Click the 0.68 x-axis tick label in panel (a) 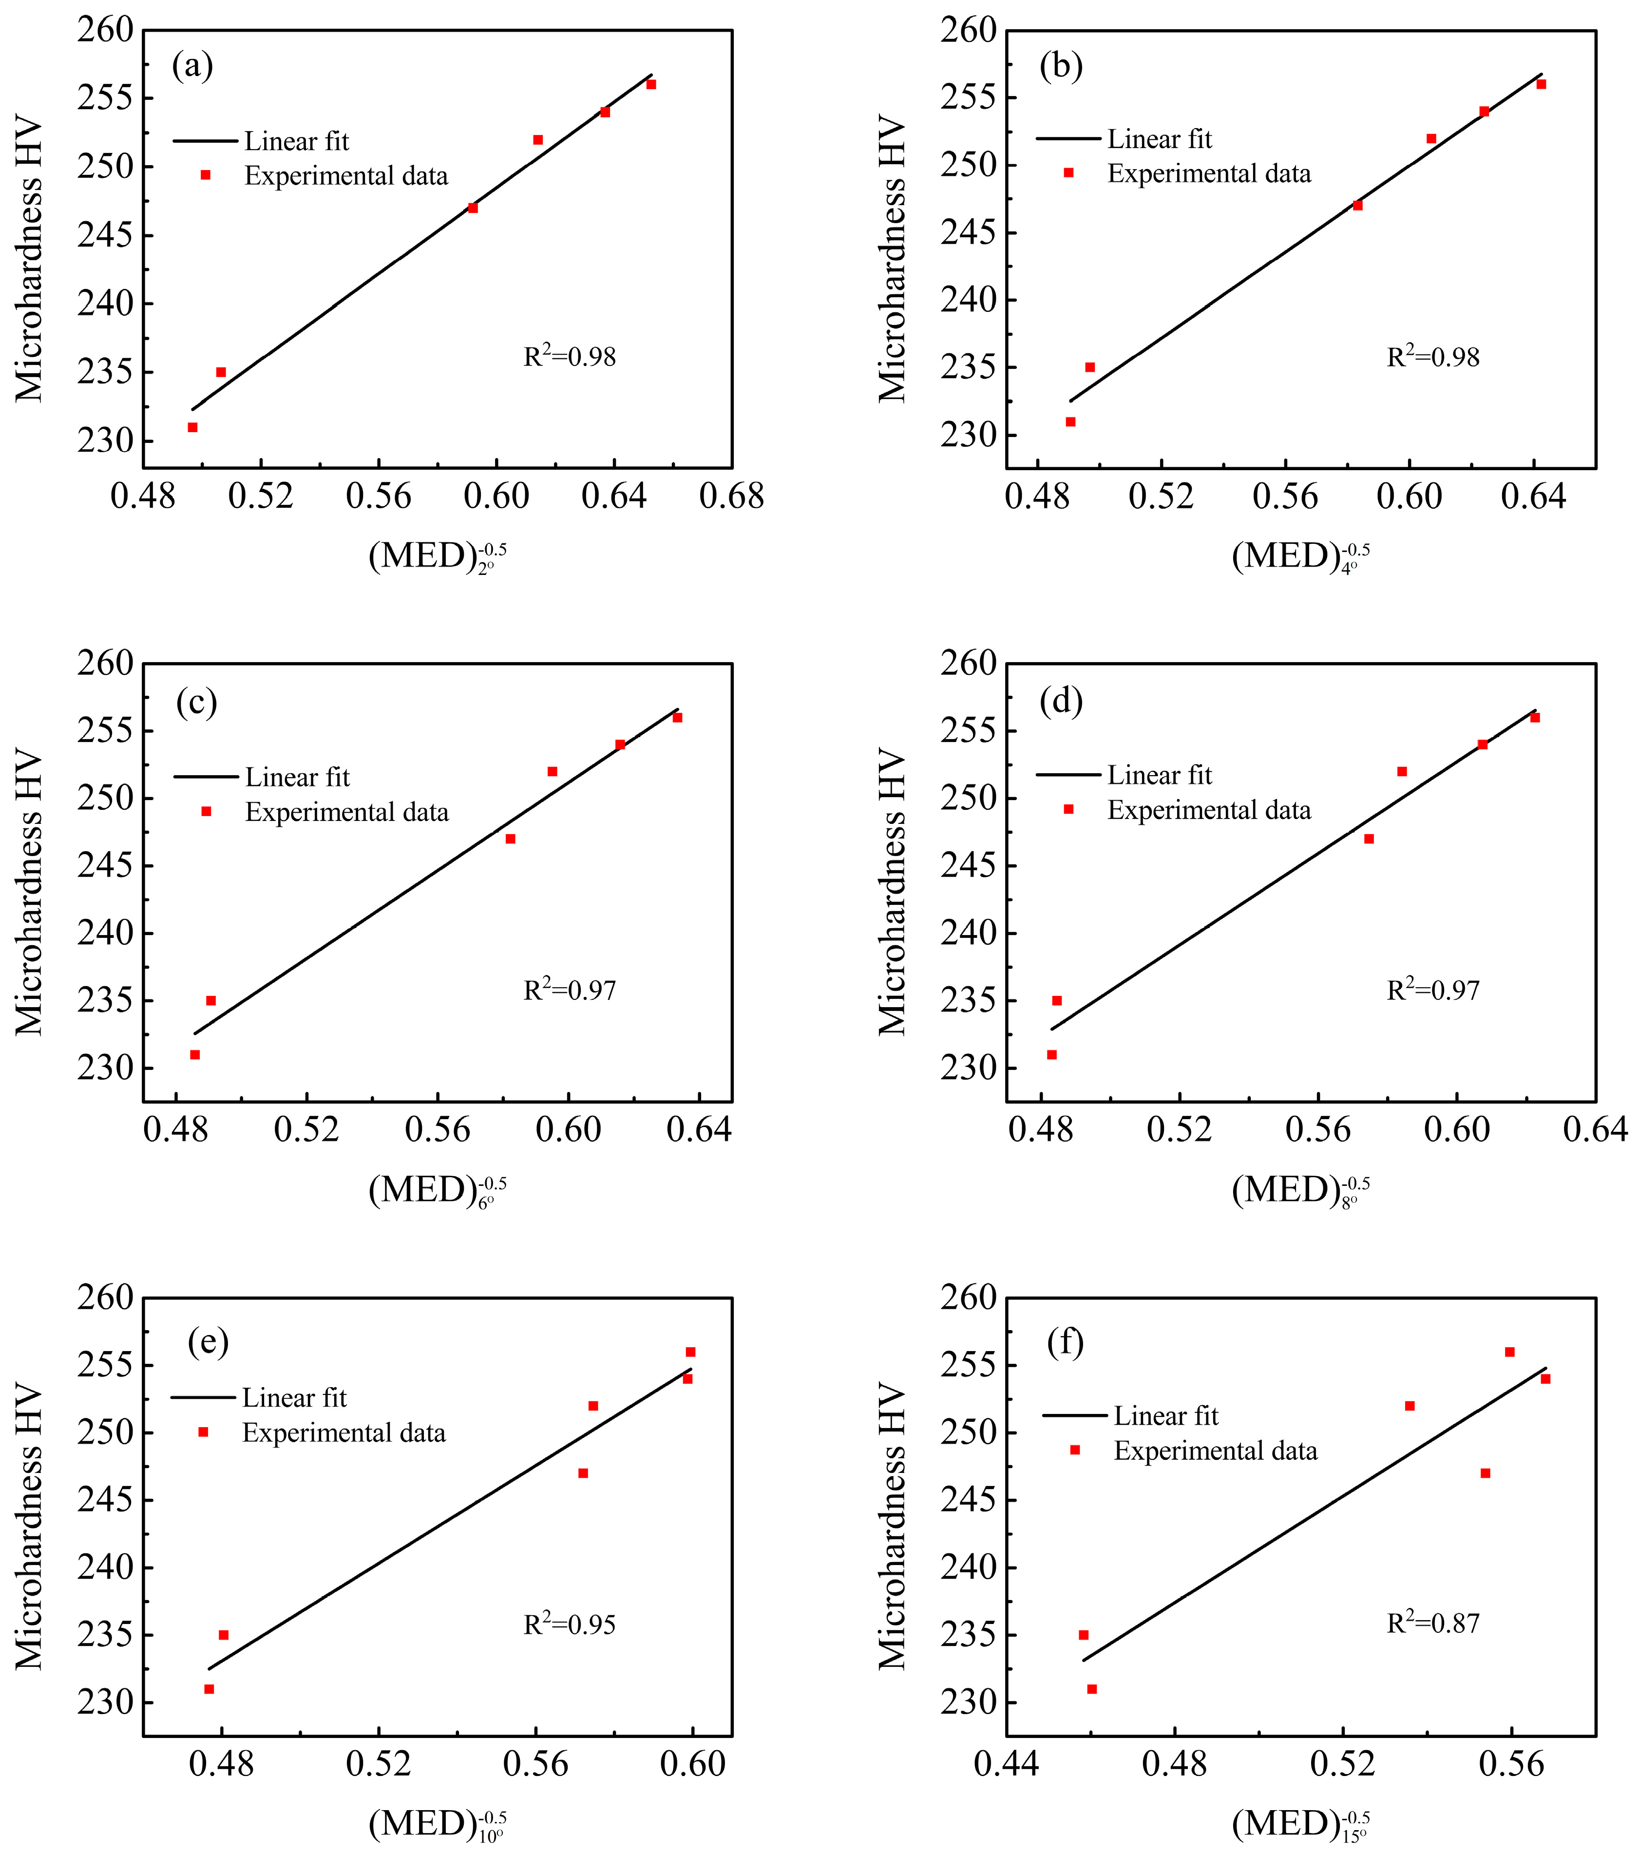[731, 496]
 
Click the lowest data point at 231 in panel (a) [192, 427]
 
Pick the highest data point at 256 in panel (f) [1509, 1352]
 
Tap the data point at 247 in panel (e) [583, 1473]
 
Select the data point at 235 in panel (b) [1090, 367]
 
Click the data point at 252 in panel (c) [552, 771]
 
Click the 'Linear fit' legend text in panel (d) [1159, 776]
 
